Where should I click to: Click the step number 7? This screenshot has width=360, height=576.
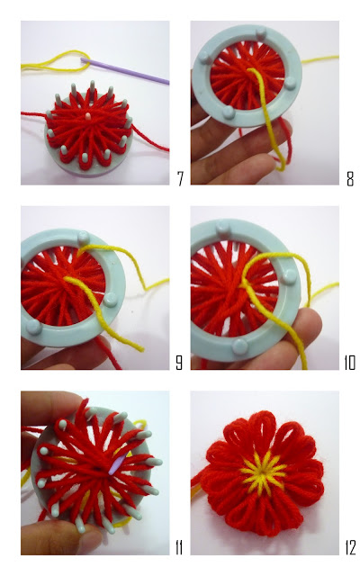180,178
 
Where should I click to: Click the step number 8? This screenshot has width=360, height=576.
350,178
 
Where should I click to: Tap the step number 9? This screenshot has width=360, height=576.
179,363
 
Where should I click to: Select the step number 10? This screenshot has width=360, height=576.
350,363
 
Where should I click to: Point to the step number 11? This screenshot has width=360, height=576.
179,548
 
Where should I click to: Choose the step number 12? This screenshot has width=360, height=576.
350,548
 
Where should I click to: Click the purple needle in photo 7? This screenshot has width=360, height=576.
125,71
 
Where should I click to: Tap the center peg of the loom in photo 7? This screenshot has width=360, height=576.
88,117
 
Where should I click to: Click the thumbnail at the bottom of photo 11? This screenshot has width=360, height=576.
89,539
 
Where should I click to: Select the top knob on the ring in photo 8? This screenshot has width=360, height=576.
261,33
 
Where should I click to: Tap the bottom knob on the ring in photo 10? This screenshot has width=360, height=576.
240,346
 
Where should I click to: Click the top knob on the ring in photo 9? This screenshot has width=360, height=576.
83,238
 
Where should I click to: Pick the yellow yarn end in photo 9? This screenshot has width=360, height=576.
139,348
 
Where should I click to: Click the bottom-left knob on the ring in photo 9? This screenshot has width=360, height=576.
33,327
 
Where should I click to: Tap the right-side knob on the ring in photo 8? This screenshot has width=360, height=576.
290,83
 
